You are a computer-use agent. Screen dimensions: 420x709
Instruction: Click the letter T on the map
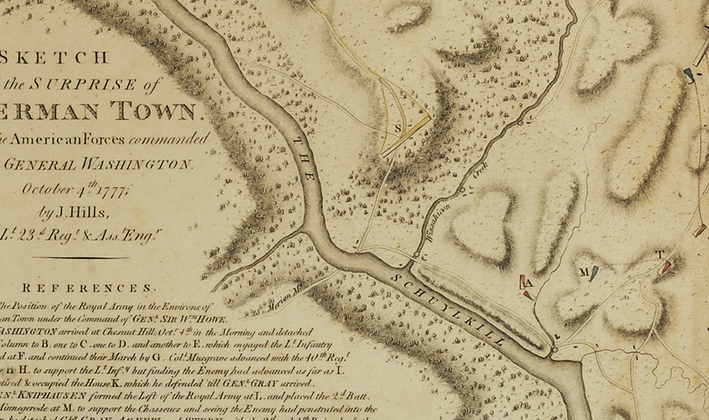659,255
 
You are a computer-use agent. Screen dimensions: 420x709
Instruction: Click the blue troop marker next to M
594,272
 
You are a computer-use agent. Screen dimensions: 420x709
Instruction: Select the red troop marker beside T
667,264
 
